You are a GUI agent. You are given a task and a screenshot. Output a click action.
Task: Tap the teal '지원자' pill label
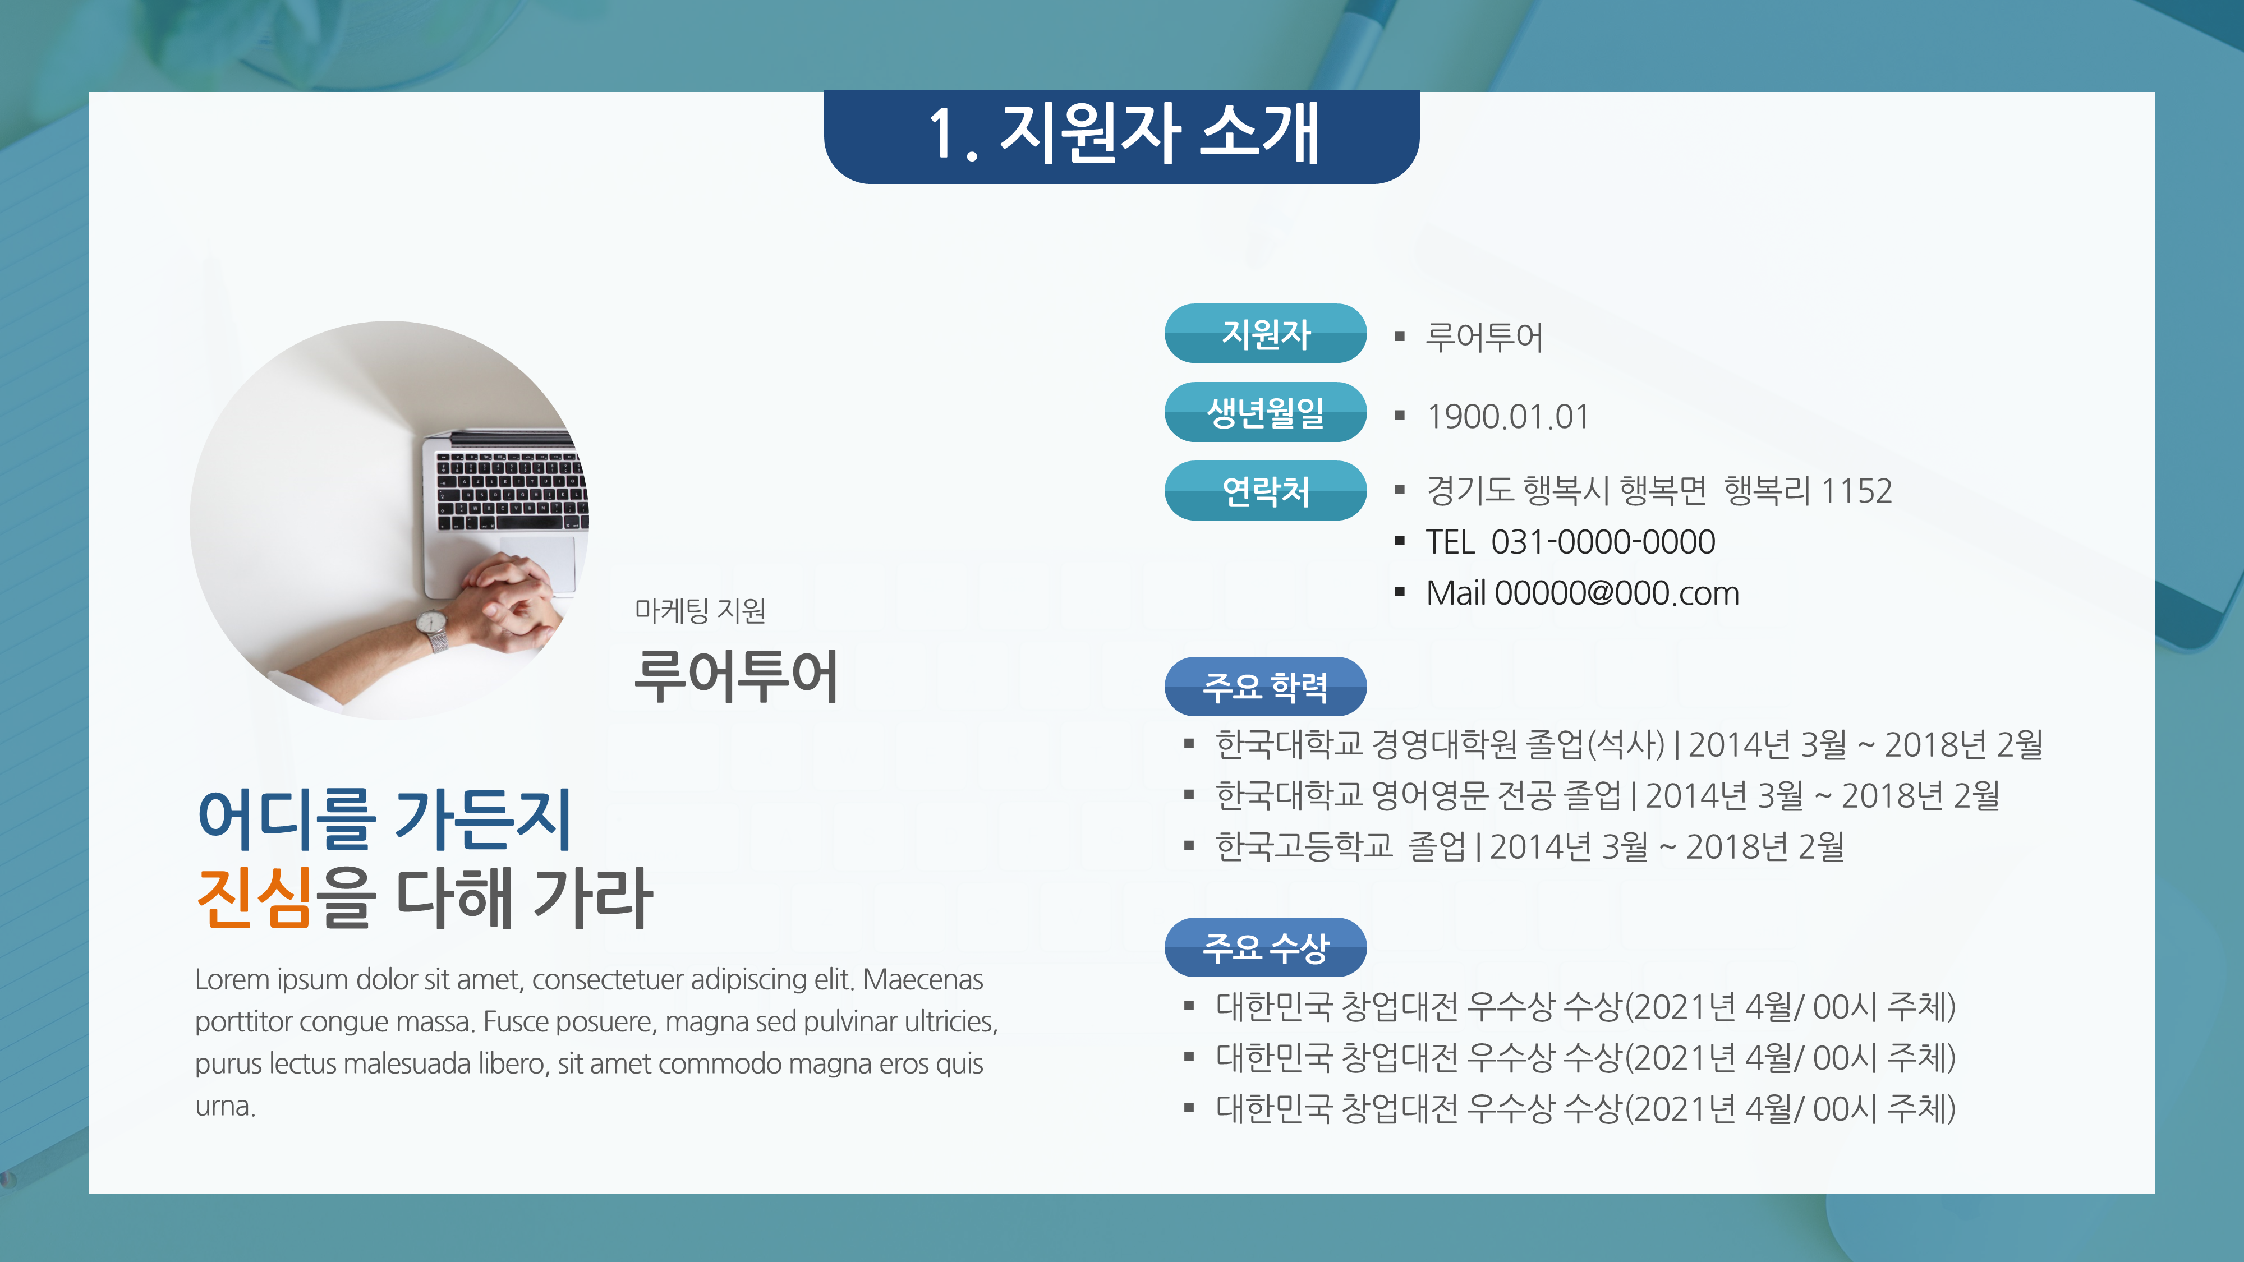point(1265,334)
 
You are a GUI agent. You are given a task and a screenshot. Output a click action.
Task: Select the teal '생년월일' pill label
point(1265,412)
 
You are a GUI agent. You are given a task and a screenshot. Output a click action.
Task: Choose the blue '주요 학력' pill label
point(1265,687)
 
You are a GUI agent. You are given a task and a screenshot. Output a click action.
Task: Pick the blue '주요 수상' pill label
point(1265,947)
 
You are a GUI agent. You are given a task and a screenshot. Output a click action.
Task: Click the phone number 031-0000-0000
point(1603,542)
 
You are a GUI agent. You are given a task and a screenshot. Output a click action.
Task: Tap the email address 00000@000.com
point(1617,593)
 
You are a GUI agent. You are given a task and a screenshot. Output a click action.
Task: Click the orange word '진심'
point(254,897)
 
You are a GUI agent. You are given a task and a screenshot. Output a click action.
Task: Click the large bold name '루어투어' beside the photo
point(736,676)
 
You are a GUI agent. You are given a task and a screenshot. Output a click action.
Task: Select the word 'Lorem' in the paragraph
point(232,980)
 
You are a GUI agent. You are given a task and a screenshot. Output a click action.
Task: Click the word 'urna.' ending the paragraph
point(225,1106)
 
